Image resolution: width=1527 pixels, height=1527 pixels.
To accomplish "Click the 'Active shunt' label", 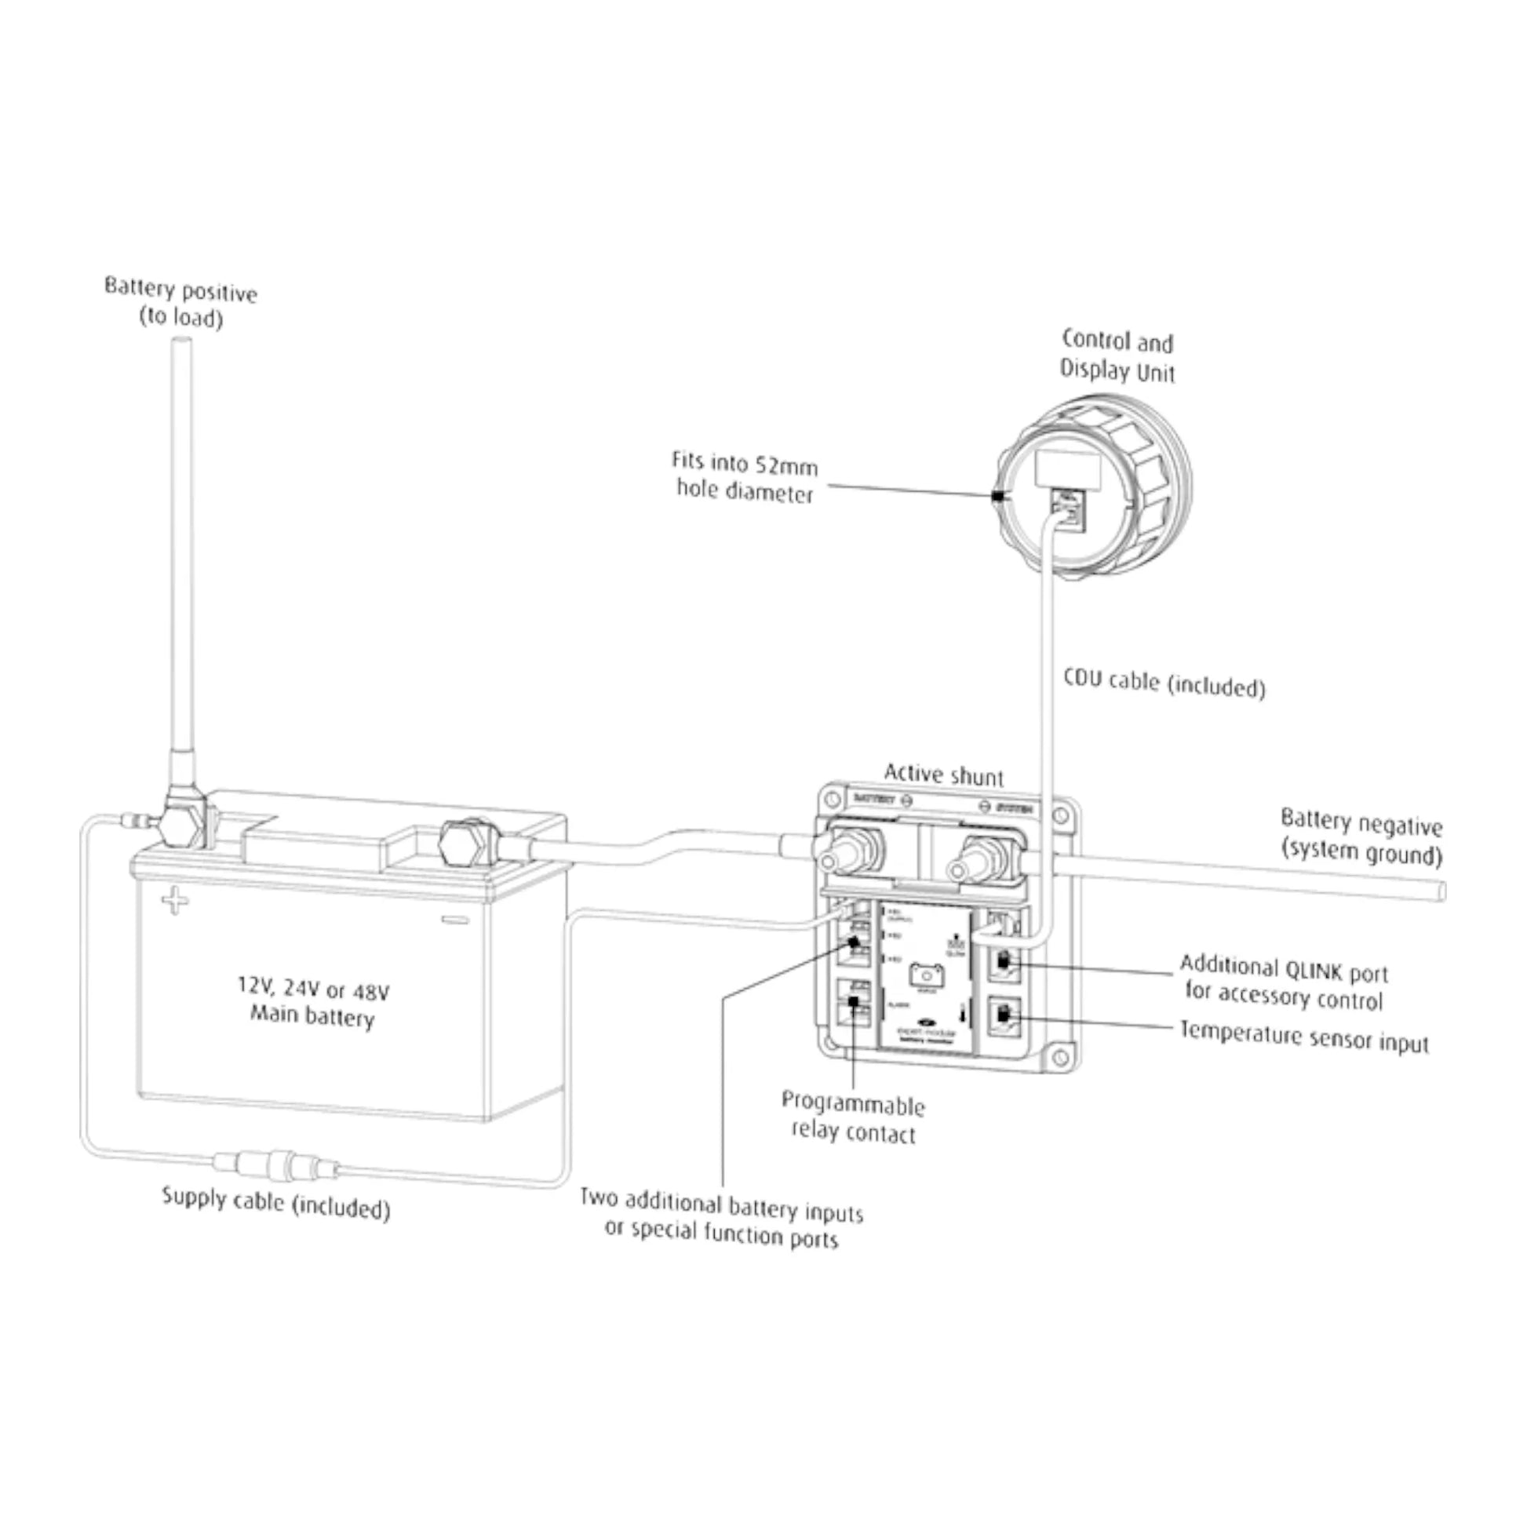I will point(943,774).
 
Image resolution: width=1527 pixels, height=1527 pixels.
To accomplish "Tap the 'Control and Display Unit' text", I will point(1117,356).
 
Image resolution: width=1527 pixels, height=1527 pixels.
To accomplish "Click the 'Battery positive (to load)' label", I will point(181,304).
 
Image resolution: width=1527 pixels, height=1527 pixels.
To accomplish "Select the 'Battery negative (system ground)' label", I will point(1361,838).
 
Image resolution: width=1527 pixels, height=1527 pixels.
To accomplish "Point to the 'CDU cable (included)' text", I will point(1164,683).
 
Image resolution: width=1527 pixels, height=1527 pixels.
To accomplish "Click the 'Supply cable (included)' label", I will point(276,1203).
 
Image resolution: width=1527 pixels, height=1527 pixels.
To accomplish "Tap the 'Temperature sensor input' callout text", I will point(1304,1036).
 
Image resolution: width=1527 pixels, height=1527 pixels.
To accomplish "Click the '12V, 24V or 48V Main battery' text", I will point(313,1002).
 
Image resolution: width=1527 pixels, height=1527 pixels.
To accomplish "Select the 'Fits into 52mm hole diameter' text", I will point(745,477).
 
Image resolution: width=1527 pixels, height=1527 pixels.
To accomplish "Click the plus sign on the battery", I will point(175,902).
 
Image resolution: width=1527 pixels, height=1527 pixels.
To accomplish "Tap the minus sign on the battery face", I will point(455,920).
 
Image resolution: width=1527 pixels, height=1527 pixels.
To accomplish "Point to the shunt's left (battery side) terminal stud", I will point(845,857).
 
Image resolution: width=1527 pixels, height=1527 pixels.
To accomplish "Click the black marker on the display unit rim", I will point(997,497).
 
